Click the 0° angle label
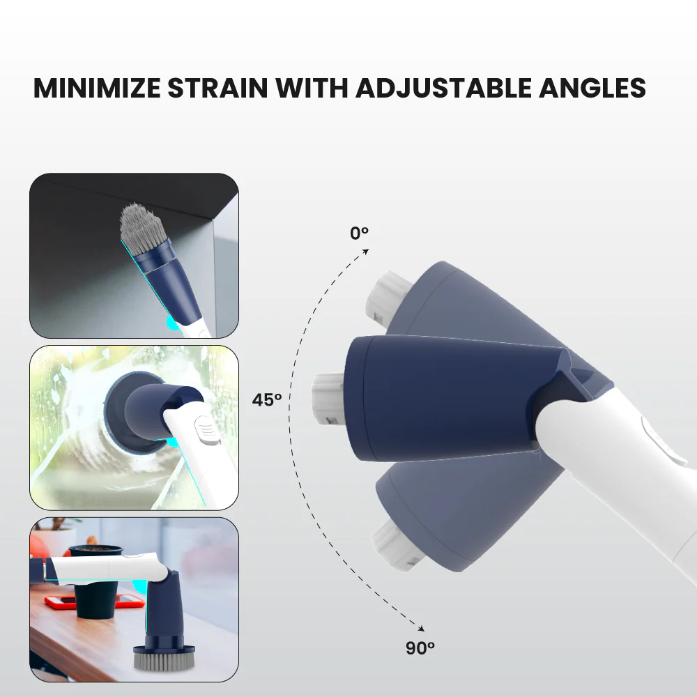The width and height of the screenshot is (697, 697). (x=359, y=233)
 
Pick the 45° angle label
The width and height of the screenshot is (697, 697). (x=267, y=400)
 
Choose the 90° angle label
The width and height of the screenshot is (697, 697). (x=420, y=648)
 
